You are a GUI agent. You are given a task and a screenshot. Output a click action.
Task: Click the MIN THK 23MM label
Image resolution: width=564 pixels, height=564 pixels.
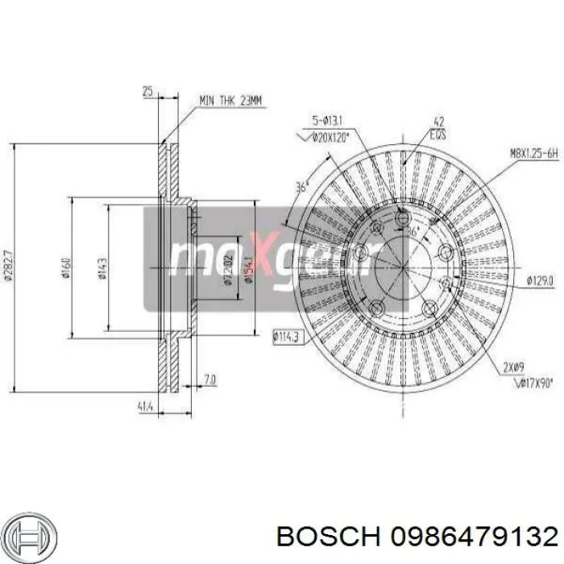[231, 101]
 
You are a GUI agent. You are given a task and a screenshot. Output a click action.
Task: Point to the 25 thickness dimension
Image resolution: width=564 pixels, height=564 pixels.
[147, 92]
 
